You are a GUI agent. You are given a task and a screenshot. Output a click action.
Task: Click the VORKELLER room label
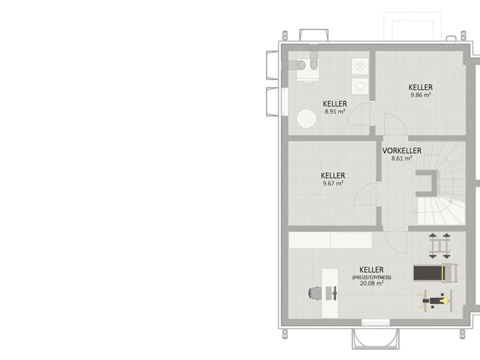pos(402,151)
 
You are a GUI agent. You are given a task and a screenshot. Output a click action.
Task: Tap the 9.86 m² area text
pos(421,95)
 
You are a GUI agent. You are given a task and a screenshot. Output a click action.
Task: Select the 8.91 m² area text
pos(335,112)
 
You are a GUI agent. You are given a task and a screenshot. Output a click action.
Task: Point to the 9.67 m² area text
pos(333,183)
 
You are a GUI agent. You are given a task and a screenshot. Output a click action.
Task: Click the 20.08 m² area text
pos(372,283)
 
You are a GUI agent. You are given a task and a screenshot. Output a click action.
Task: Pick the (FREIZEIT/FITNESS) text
pos(372,277)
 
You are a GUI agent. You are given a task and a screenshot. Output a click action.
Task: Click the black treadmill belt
pos(428,273)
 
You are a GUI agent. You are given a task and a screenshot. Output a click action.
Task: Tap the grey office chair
pos(315,293)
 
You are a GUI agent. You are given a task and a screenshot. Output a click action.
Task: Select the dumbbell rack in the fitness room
pos(440,246)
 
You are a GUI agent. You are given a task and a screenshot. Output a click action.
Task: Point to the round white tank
pos(307,118)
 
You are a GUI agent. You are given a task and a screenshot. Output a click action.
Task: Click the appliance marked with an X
pos(360,66)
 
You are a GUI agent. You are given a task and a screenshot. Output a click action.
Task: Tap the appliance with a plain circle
pos(360,86)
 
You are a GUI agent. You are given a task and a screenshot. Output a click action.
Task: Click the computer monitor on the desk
pos(334,293)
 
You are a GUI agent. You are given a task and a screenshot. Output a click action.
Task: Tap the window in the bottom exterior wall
pos(376,322)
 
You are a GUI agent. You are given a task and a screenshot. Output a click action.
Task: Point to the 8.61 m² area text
pos(402,158)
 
